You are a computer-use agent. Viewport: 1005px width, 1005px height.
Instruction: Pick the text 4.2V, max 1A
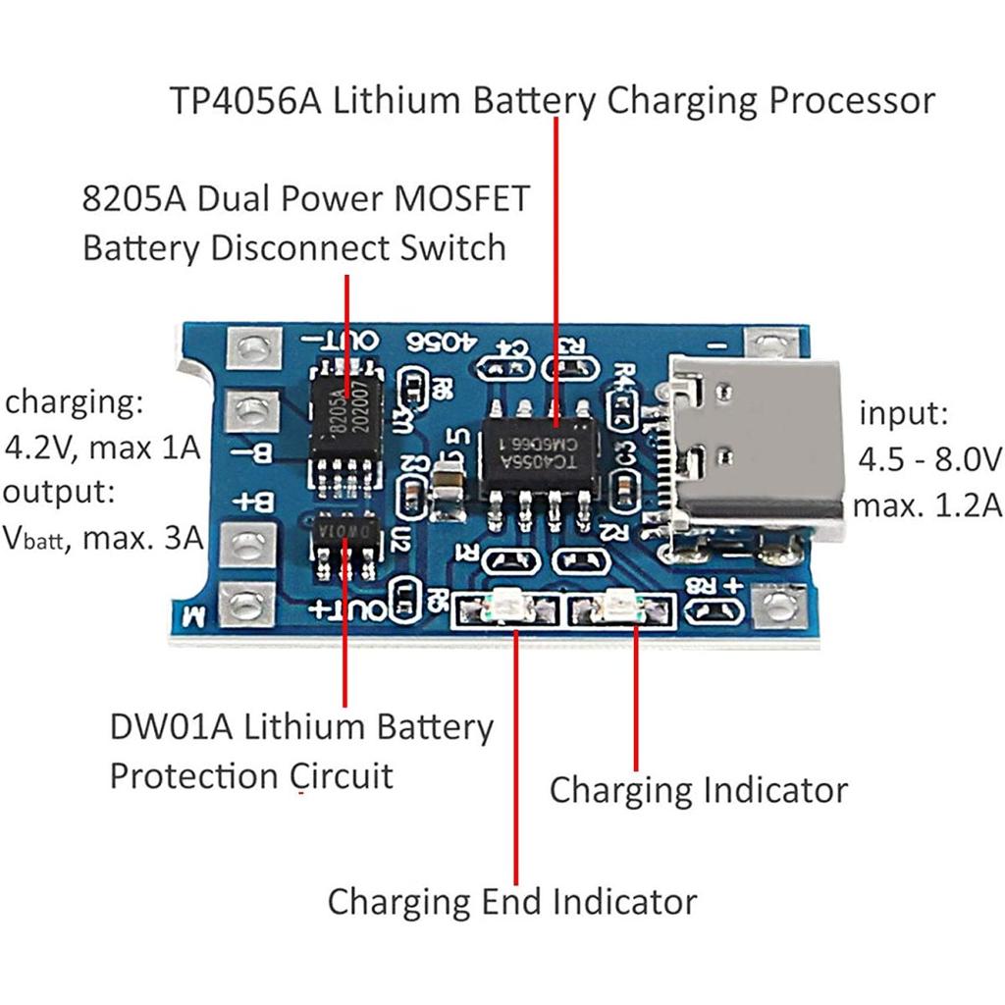pyautogui.click(x=102, y=449)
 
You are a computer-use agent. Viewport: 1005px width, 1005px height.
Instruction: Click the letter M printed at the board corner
pyautogui.click(x=194, y=617)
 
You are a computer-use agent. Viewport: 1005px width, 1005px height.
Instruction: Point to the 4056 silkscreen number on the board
pyautogui.click(x=442, y=343)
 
